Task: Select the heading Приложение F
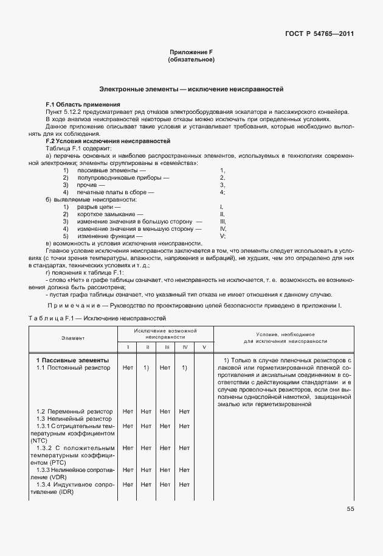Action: pos(191,53)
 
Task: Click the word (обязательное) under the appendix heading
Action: pos(191,60)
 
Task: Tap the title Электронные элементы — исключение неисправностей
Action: pos(191,90)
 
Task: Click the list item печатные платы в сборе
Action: pos(116,192)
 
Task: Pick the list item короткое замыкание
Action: pos(111,214)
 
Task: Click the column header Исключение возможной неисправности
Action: pos(165,333)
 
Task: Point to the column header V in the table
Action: pos(204,347)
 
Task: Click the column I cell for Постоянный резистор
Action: pos(128,368)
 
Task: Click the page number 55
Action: pos(350,509)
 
